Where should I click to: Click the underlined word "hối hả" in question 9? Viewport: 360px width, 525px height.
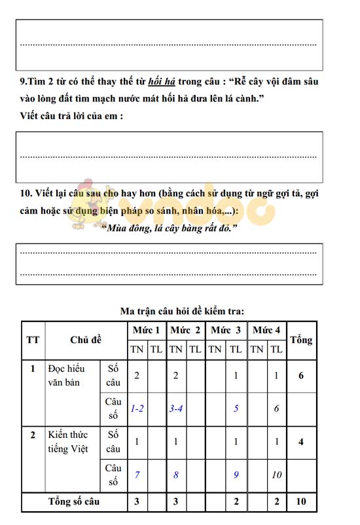tap(162, 82)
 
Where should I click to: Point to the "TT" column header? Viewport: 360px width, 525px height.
tap(33, 340)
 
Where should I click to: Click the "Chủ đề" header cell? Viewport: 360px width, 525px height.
tap(86, 340)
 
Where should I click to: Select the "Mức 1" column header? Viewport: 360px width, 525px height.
tap(146, 330)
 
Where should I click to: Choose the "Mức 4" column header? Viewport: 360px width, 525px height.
tap(266, 330)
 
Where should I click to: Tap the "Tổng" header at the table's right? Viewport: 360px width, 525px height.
tap(301, 340)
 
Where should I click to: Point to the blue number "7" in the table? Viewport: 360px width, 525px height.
tap(137, 475)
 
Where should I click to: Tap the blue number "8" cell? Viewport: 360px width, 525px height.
tap(175, 475)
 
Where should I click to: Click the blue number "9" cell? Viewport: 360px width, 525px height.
tap(236, 475)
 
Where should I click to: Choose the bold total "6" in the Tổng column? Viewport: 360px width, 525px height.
tap(301, 375)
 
